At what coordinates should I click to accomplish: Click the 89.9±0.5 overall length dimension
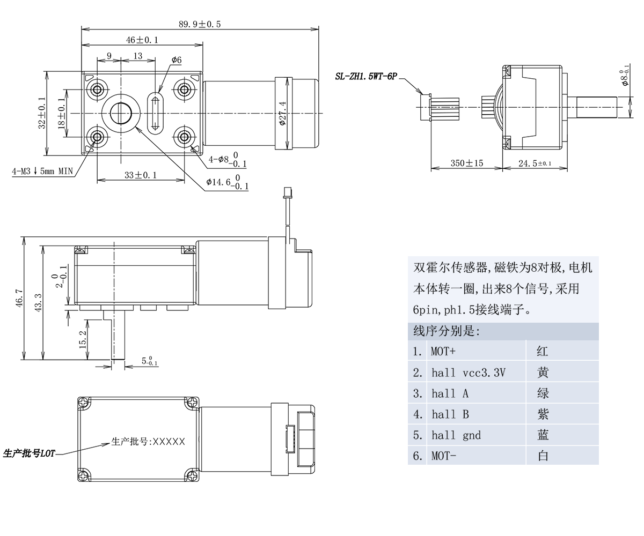tap(199, 24)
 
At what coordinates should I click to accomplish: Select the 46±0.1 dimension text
tap(142, 40)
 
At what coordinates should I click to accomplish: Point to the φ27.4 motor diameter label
tap(283, 113)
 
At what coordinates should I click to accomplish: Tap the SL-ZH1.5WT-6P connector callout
tap(365, 77)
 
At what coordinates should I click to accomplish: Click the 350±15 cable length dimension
tap(466, 163)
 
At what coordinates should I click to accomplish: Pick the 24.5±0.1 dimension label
tap(535, 163)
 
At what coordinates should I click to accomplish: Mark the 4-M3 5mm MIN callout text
tap(42, 172)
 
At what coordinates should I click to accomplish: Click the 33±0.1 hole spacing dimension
tap(141, 175)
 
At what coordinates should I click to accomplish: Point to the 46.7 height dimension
tap(19, 298)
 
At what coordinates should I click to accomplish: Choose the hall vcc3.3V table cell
tap(468, 373)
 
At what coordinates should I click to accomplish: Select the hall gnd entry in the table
tap(456, 435)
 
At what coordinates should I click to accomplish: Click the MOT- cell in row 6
tap(444, 456)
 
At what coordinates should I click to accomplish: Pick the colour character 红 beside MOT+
tap(543, 352)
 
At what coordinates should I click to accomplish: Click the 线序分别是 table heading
tap(446, 331)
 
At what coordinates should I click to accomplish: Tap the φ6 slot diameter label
tap(177, 60)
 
